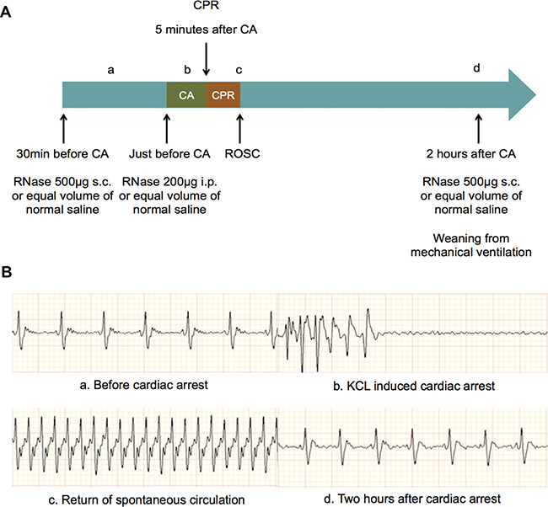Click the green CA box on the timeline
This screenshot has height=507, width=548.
186,94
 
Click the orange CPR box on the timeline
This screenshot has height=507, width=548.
223,94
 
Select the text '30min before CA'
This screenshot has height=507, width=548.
63,154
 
